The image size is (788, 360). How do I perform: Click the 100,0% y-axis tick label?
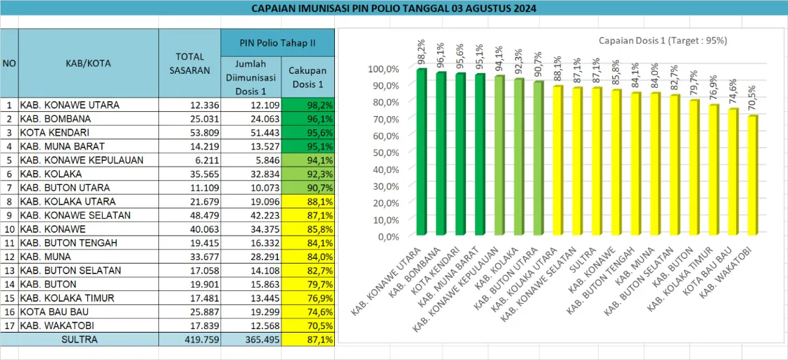click(x=383, y=68)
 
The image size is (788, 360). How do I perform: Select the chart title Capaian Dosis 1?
click(x=663, y=40)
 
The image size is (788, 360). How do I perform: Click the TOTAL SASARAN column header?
click(x=189, y=63)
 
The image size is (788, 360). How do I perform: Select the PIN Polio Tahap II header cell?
click(x=278, y=43)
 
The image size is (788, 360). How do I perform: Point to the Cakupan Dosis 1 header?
click(x=307, y=77)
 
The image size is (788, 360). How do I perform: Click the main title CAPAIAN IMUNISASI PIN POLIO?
click(x=394, y=8)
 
